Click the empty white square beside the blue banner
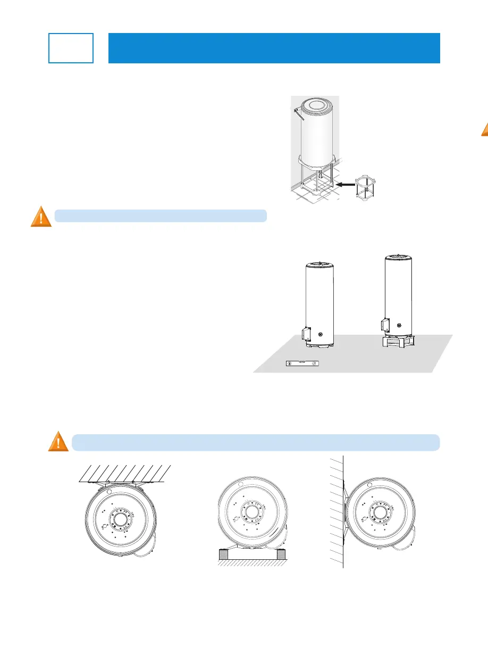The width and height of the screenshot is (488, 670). point(71,48)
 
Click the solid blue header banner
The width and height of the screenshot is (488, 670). point(274,48)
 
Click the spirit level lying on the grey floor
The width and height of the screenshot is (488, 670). point(301,364)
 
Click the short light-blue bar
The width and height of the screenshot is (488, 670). point(160,216)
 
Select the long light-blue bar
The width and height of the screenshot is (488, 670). point(255,442)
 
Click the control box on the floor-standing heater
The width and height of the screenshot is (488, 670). point(305,334)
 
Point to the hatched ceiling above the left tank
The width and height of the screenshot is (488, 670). point(125,473)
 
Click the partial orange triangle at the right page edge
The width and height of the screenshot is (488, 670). point(485,130)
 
